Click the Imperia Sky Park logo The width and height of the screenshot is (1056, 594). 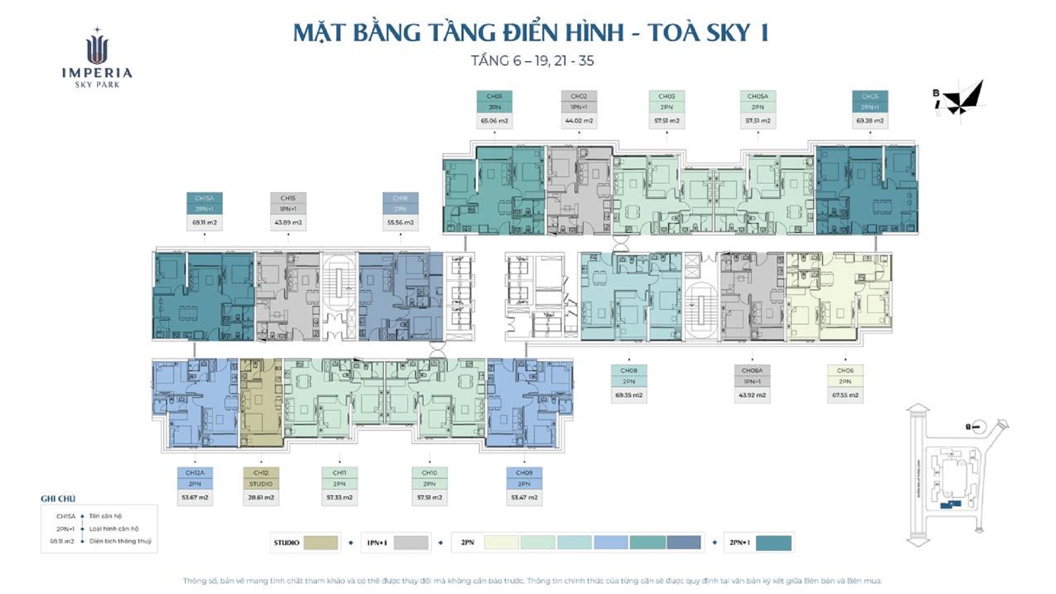click(97, 58)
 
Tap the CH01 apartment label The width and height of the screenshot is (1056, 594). click(494, 96)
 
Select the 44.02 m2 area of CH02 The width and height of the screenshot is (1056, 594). click(579, 121)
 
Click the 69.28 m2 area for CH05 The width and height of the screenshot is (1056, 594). click(870, 121)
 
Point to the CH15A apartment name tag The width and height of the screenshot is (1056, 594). click(204, 198)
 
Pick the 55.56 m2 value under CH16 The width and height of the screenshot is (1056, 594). click(400, 222)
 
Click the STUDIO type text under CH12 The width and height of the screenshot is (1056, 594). click(261, 484)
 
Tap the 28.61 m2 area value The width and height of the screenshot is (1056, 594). click(261, 497)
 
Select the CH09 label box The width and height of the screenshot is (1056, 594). click(524, 473)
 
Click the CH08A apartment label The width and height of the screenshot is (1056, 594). click(752, 371)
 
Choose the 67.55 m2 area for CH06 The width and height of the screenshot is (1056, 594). click(845, 395)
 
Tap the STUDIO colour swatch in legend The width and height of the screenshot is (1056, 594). click(320, 542)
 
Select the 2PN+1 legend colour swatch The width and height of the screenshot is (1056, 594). click(774, 542)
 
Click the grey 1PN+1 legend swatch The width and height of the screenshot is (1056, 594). click(411, 542)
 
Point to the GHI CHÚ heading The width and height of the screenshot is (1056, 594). click(58, 498)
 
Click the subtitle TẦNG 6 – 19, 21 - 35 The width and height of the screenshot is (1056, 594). click(532, 61)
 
